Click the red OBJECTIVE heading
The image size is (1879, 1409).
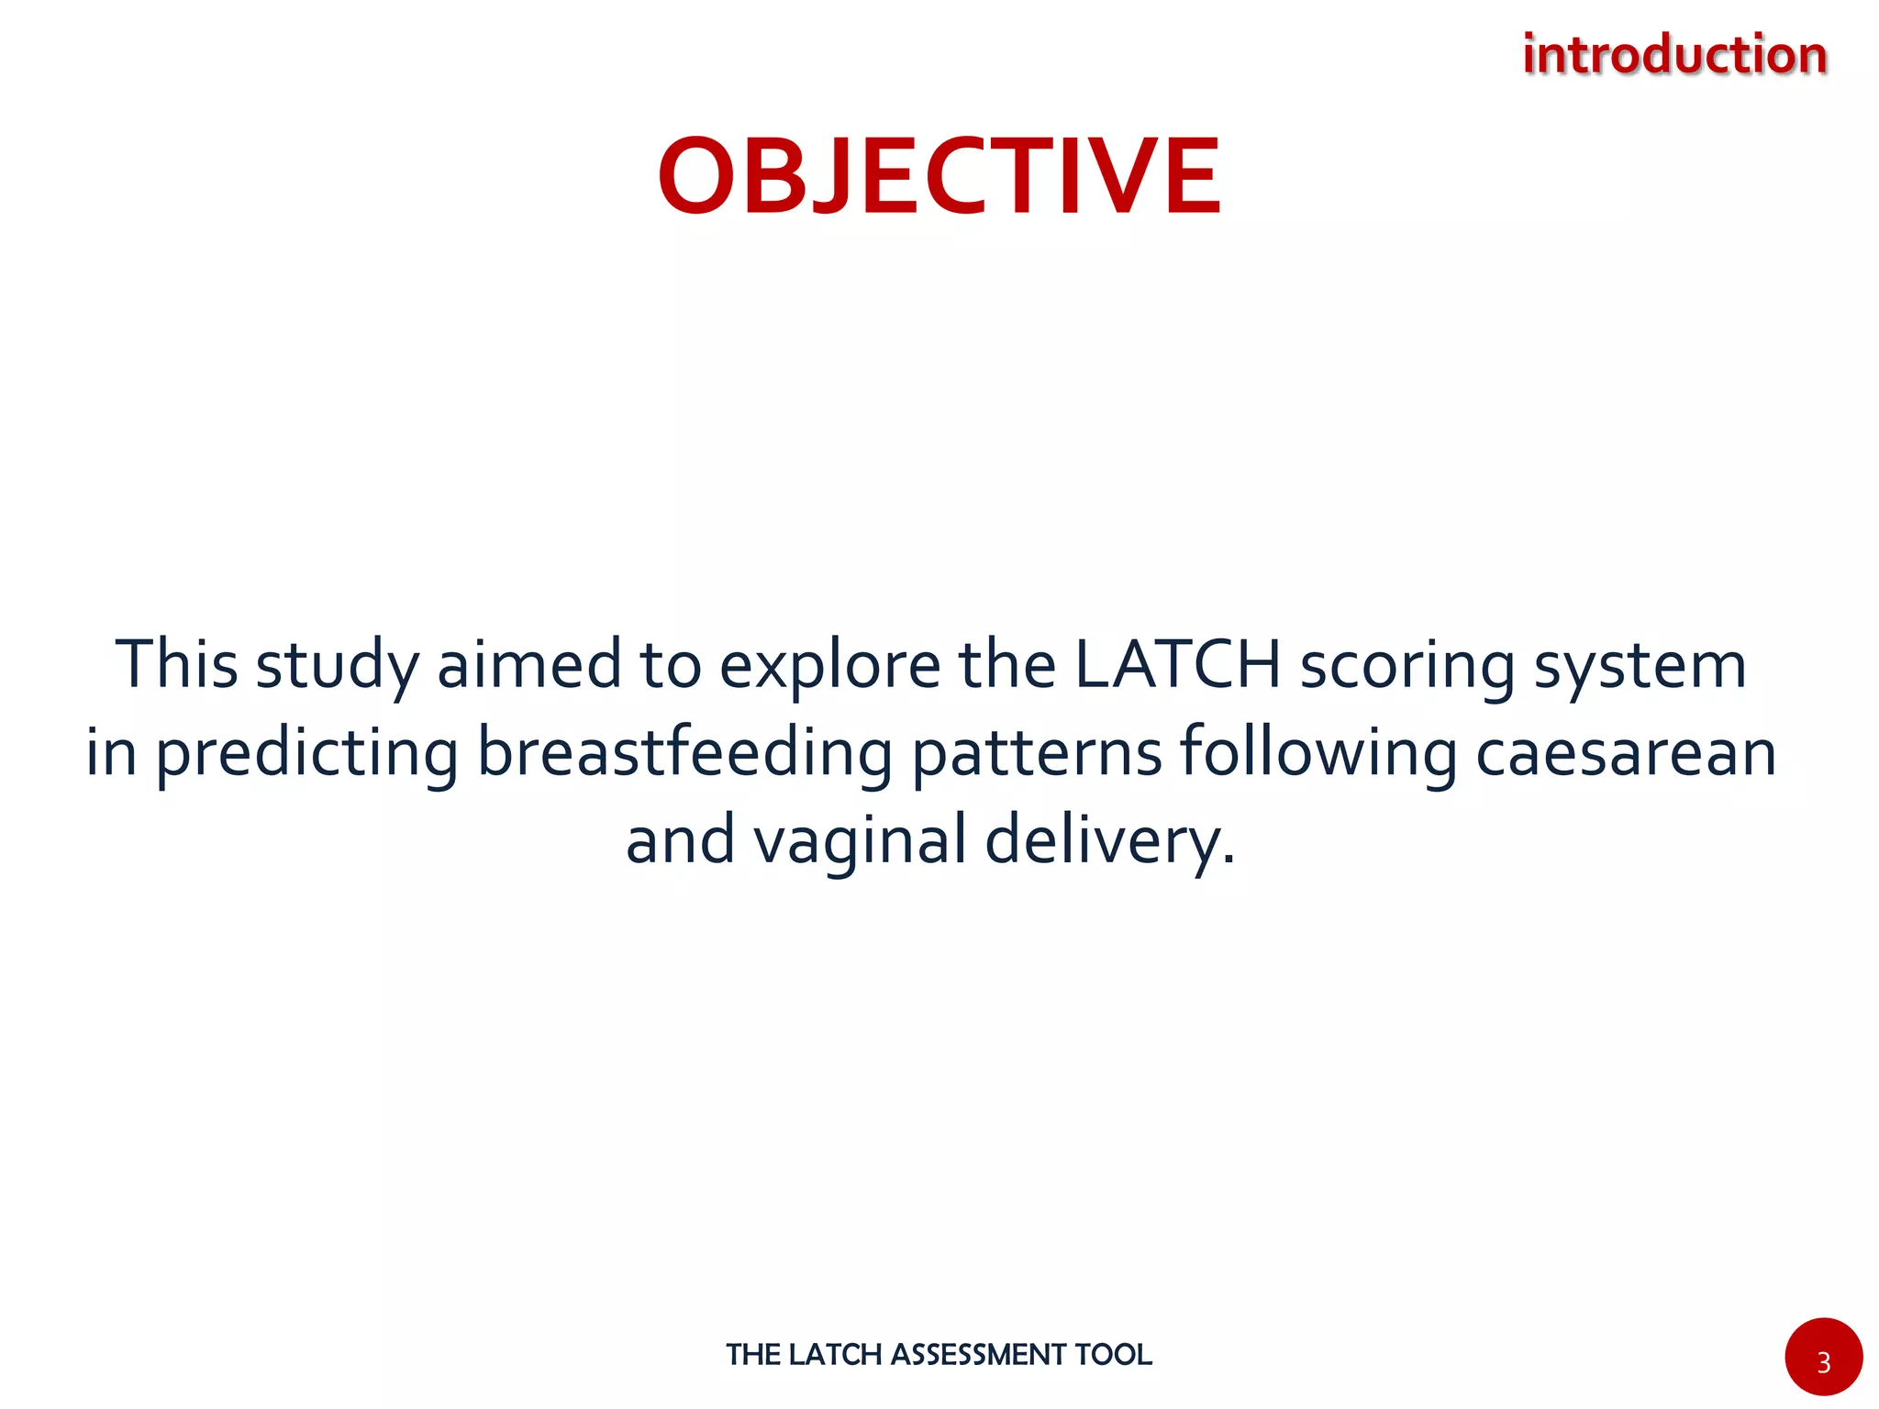939,176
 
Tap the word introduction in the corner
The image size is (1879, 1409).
1674,55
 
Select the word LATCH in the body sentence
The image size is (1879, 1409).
1177,665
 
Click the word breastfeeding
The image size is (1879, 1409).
684,752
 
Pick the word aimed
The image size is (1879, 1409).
529,665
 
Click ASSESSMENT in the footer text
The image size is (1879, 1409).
978,1355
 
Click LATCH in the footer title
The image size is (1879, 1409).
835,1355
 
